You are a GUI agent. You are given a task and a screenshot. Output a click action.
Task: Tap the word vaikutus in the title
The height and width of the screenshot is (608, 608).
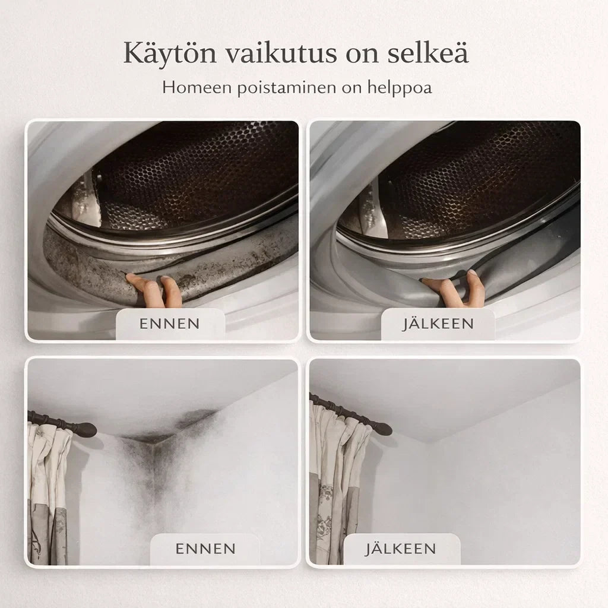coord(281,52)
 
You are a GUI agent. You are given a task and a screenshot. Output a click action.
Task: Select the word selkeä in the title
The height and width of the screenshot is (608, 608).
coord(428,52)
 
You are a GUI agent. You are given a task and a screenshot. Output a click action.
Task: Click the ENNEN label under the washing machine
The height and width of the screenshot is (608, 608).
coord(169,324)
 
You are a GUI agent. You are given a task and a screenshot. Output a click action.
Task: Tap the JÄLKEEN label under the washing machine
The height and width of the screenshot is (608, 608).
coord(438,323)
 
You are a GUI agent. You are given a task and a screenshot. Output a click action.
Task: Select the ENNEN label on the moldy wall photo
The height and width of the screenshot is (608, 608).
coord(205,549)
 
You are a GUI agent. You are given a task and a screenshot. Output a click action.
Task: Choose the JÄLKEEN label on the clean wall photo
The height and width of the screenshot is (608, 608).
coord(400,548)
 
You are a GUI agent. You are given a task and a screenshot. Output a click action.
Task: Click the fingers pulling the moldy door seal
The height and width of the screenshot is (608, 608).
coord(155,290)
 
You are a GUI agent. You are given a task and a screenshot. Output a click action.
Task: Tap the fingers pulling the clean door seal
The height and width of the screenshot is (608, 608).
coord(454,289)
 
